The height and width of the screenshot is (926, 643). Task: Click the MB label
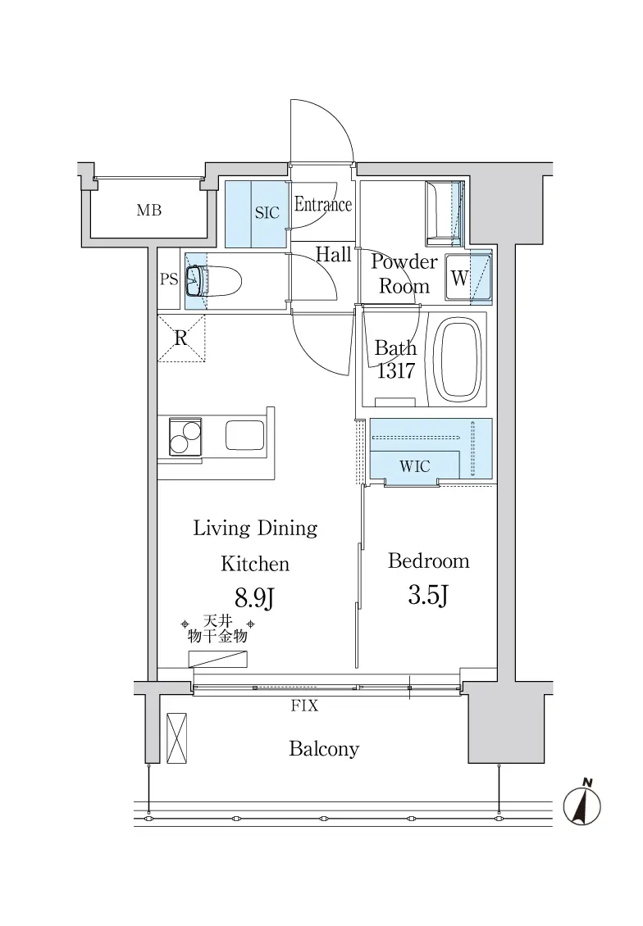[x=149, y=211]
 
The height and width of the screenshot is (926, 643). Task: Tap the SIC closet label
[x=267, y=212]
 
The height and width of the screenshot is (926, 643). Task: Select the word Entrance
[x=323, y=204]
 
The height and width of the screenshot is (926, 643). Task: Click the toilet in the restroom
[x=213, y=281]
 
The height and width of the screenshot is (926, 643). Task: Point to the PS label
[x=169, y=279]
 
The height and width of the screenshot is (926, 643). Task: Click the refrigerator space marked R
[x=180, y=338]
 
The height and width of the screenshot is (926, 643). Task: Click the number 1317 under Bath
[x=396, y=371]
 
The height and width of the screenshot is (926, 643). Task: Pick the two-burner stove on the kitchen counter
[x=185, y=437]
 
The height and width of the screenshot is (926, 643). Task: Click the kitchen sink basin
[x=244, y=436]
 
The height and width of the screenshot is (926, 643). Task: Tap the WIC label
[x=414, y=466]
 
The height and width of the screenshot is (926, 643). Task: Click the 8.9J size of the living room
[x=255, y=597]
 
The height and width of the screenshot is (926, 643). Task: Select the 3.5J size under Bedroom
[x=428, y=595]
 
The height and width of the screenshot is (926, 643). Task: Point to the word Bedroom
[x=428, y=561]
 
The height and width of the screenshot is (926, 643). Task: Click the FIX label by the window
[x=304, y=705]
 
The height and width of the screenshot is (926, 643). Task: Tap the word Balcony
[x=324, y=749]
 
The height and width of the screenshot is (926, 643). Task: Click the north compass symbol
[x=582, y=805]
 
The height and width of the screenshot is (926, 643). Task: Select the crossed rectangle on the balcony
[x=176, y=738]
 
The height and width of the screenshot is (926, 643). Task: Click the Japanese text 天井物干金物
[x=217, y=629]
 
